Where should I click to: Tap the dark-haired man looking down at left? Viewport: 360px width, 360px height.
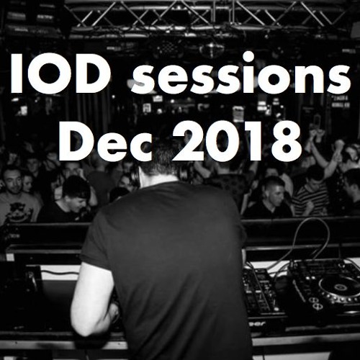(76, 194)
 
